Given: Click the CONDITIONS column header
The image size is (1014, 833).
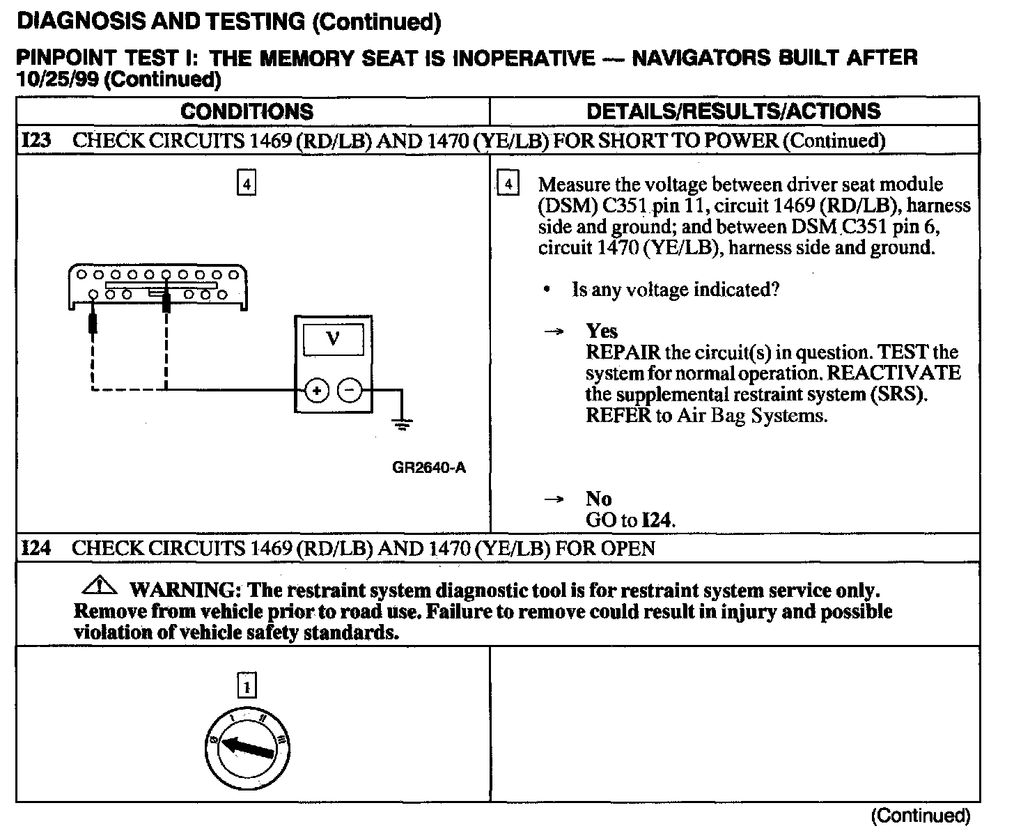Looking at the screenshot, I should point(247,111).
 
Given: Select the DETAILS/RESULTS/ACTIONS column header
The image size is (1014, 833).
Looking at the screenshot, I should point(733,111).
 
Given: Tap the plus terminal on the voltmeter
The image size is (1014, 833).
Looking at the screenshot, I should point(316,391).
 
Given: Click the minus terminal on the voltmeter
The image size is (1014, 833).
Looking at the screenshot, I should point(350,391).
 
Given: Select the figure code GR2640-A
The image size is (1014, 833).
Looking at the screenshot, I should point(429,467).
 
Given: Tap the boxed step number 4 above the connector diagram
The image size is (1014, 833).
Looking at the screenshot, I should point(247,184).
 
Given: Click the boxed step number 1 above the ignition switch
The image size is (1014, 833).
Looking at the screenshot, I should point(247,687).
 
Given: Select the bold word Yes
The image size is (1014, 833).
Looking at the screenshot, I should point(602,331).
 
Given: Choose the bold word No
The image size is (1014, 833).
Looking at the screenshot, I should point(599,499).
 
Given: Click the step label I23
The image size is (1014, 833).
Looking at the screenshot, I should point(36,140).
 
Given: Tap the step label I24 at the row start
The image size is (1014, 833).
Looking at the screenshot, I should point(36,548).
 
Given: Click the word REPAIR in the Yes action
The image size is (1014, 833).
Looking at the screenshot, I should point(623,352).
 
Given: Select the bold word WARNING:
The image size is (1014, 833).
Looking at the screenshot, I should point(185,591).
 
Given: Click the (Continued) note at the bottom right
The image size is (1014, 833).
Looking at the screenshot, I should point(921,815).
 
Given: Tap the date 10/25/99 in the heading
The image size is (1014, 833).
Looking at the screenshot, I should point(60,79).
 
